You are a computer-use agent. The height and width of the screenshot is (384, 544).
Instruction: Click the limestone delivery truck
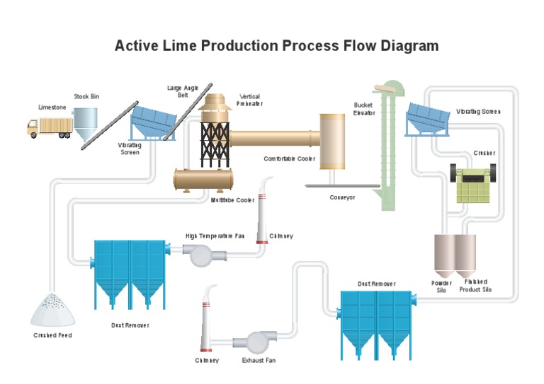50,128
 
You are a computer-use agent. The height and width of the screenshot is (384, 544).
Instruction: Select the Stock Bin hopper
85,124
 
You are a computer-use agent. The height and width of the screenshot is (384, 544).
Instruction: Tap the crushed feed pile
52,310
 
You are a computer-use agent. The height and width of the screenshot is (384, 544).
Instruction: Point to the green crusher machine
473,184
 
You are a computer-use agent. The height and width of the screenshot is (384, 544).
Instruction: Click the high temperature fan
204,255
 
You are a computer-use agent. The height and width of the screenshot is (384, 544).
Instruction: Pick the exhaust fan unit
255,342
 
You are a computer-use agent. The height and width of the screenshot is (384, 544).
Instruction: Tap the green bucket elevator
389,146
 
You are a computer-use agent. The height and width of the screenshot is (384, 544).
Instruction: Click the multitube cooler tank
203,180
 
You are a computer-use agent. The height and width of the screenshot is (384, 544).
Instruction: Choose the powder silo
444,256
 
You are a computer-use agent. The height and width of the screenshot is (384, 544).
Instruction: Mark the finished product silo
465,256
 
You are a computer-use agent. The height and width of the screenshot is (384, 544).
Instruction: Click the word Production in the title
239,46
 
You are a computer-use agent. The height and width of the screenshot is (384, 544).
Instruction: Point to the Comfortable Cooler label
289,159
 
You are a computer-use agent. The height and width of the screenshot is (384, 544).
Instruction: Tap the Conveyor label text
342,197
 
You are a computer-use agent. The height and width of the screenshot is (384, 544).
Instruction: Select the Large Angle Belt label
183,91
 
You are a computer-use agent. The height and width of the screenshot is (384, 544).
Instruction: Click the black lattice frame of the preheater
215,144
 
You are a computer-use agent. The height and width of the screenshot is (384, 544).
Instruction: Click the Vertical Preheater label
250,100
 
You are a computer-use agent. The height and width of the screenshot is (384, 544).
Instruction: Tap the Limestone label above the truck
52,107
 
